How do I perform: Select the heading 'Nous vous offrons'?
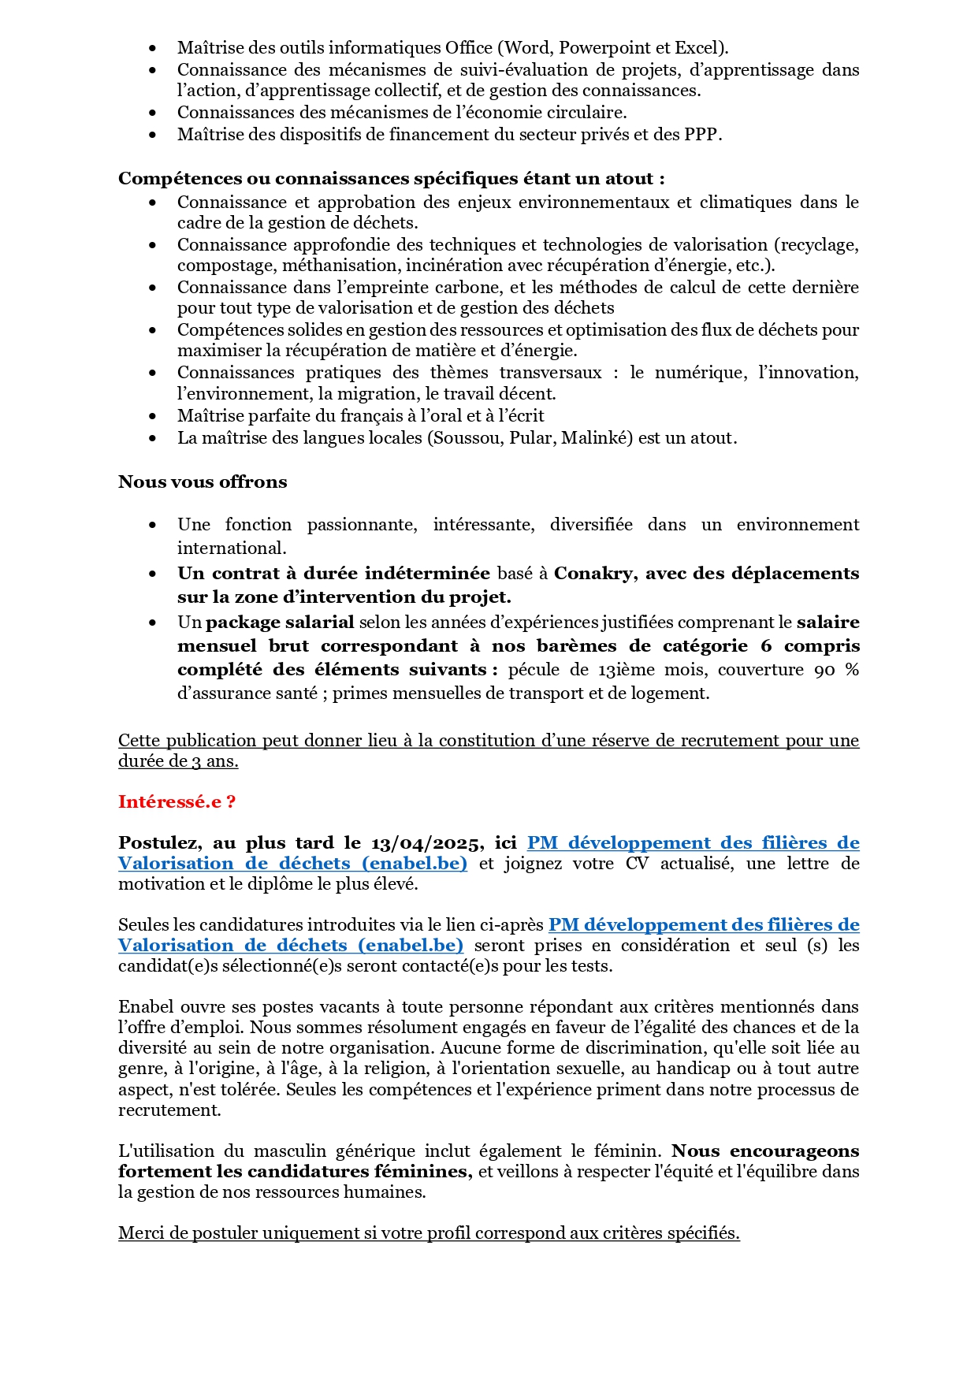point(203,482)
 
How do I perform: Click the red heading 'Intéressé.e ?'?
point(177,802)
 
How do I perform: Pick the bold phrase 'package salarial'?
point(280,623)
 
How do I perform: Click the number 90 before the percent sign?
point(824,670)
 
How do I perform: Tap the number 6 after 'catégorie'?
point(766,646)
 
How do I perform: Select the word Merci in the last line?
point(140,1233)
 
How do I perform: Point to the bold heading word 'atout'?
point(629,179)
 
